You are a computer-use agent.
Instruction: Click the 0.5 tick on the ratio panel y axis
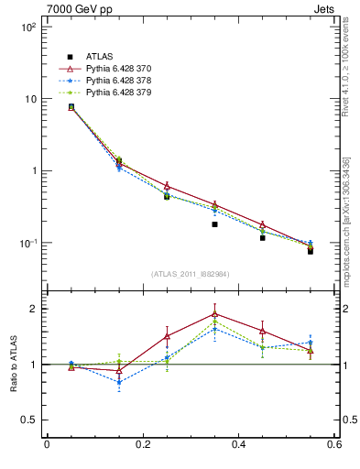(29, 420)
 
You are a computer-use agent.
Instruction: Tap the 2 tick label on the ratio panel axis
(34, 309)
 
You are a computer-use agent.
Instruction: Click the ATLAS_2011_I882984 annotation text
(190, 274)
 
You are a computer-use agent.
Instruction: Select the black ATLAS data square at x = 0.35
(214, 224)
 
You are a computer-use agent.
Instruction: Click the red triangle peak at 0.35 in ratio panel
(214, 313)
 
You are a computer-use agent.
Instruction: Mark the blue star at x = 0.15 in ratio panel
(119, 382)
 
